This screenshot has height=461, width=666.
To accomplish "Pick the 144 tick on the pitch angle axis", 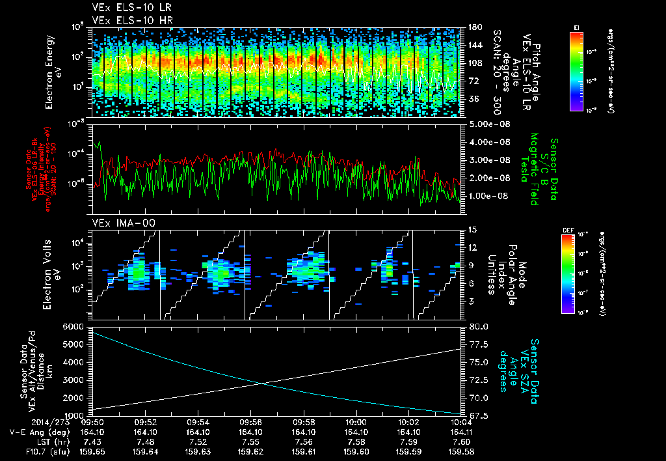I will [x=473, y=45].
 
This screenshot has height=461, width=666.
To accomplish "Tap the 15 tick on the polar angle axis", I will [x=472, y=230].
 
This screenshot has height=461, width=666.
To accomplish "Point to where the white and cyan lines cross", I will [x=262, y=383].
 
